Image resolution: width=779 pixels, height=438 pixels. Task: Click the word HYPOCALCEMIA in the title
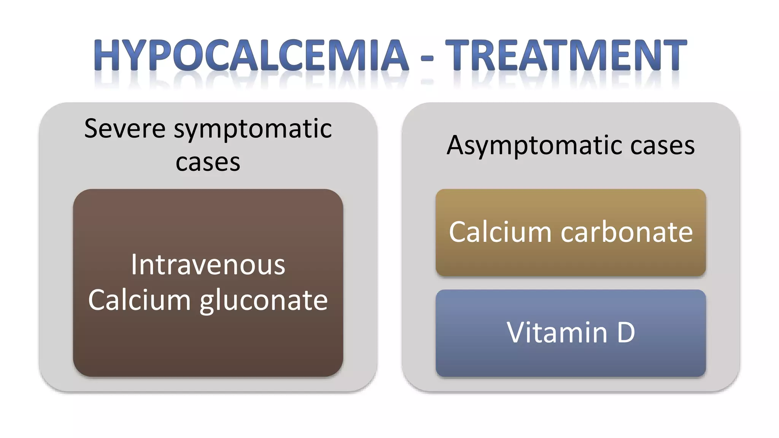(x=251, y=56)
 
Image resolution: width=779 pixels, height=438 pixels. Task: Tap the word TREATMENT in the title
(x=566, y=56)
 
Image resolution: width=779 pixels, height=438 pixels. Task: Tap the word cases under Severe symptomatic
(x=208, y=163)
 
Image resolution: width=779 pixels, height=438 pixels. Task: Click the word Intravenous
(x=208, y=265)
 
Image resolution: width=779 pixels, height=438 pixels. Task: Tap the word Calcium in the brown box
(x=139, y=300)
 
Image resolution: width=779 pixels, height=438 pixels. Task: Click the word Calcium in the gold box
(x=500, y=232)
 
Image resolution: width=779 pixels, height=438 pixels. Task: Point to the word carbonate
(x=627, y=232)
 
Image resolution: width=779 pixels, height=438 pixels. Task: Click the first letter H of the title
(x=109, y=56)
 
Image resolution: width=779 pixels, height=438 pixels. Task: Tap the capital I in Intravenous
(x=134, y=265)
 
